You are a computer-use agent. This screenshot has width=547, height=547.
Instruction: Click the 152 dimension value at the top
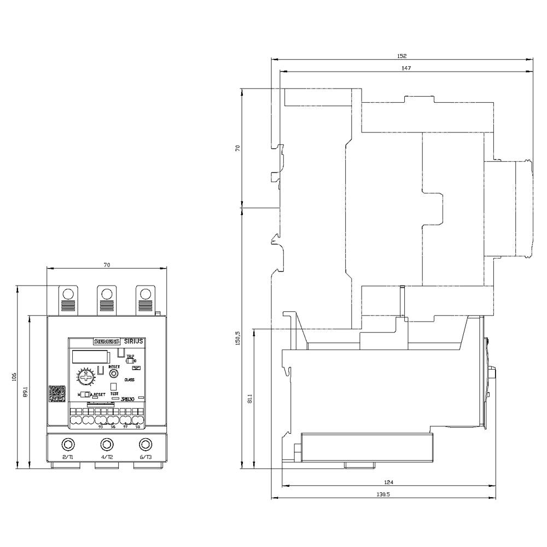(x=402, y=56)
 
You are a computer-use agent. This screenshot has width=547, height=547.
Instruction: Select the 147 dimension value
(x=405, y=68)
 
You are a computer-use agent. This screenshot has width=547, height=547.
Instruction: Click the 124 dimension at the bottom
(x=389, y=482)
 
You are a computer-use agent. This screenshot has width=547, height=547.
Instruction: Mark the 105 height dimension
(x=14, y=377)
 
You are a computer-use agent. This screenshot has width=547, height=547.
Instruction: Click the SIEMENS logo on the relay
(x=107, y=341)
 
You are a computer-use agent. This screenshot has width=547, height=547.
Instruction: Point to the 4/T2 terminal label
(x=107, y=457)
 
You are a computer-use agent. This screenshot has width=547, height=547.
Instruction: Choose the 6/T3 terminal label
(x=145, y=457)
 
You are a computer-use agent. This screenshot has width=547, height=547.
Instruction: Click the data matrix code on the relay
(x=57, y=394)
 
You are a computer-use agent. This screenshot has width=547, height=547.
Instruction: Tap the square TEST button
(x=114, y=386)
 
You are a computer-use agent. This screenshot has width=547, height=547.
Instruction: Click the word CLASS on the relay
(x=130, y=379)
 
